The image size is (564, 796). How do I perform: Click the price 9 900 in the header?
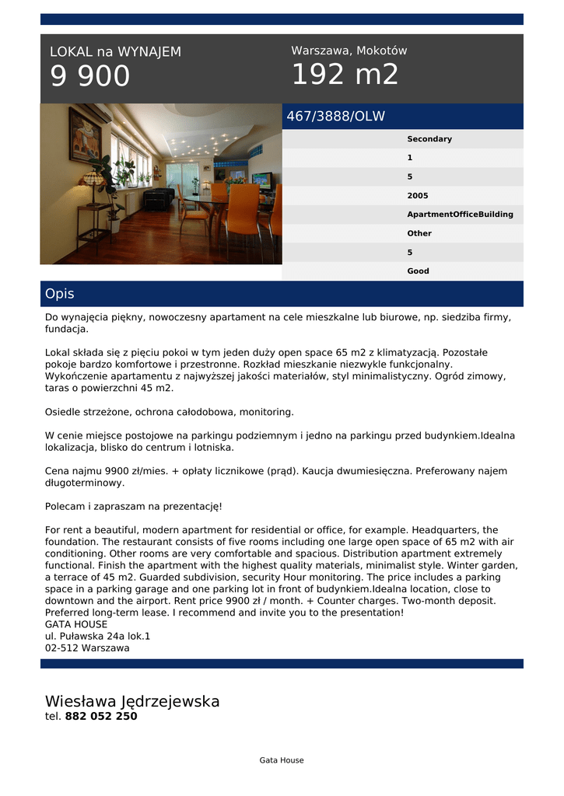click(90, 76)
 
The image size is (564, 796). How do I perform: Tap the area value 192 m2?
click(345, 75)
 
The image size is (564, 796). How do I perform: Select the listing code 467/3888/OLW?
click(335, 117)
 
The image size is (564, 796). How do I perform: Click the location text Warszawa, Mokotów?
click(349, 51)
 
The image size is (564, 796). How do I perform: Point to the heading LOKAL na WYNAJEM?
click(115, 52)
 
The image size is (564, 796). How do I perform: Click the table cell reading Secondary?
click(429, 139)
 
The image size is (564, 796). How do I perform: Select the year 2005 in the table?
click(417, 196)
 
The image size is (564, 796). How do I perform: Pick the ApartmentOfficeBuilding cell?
click(460, 215)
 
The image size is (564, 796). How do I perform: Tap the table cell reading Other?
click(419, 233)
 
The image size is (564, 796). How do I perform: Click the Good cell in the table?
click(418, 271)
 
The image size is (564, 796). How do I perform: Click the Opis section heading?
click(60, 294)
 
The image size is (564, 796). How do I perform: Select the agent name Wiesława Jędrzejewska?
click(132, 701)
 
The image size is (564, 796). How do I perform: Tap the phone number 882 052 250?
click(100, 717)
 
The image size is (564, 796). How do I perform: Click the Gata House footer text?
click(282, 760)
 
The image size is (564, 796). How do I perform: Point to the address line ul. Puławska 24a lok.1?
click(97, 636)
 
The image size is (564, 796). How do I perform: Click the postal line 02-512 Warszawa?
click(87, 648)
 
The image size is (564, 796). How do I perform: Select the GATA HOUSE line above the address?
click(76, 624)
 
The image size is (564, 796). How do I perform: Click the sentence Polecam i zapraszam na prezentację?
click(134, 506)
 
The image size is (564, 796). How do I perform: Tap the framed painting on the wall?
click(85, 134)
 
